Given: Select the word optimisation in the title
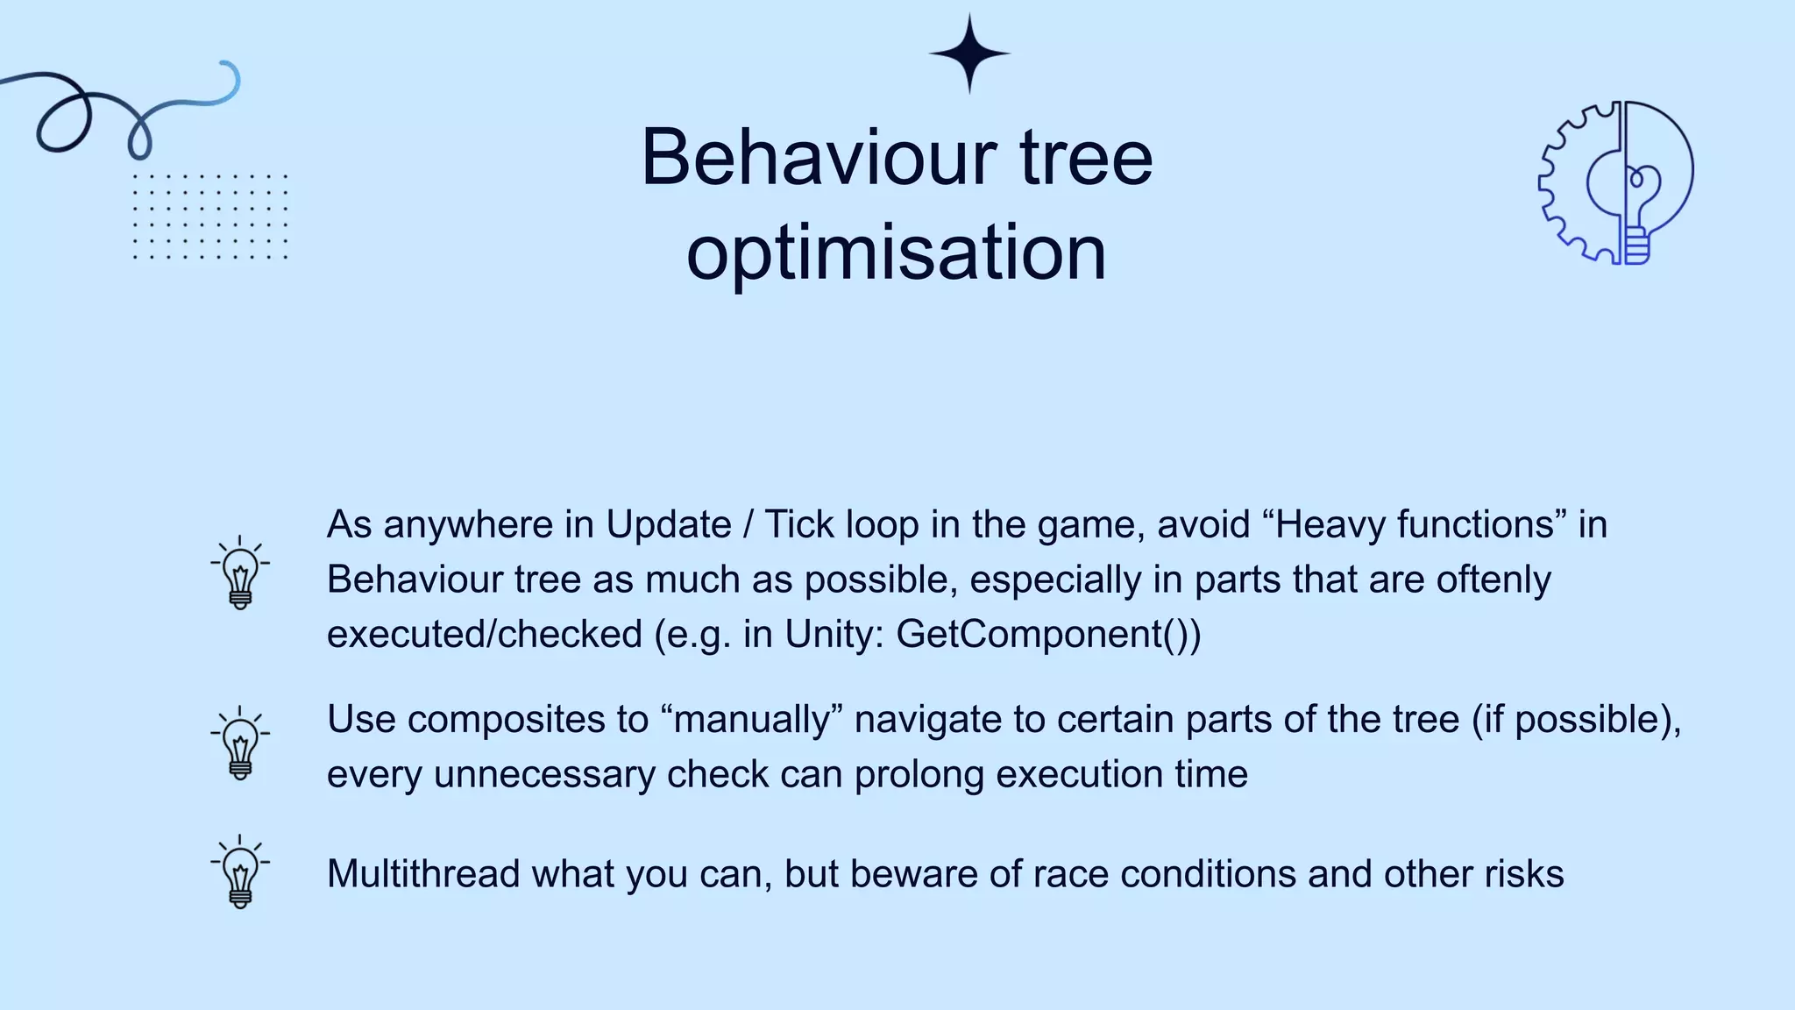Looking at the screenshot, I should [896, 252].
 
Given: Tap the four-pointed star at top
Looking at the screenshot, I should [969, 53].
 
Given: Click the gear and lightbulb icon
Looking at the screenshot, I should [1616, 182].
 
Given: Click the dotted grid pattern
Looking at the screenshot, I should [209, 217].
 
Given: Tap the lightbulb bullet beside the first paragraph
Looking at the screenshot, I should [240, 573].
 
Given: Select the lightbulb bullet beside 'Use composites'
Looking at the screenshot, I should [240, 743].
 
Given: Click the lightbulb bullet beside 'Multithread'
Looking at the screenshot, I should [240, 872].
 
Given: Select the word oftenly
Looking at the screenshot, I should [1493, 580].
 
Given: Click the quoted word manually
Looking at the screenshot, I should [752, 720].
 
